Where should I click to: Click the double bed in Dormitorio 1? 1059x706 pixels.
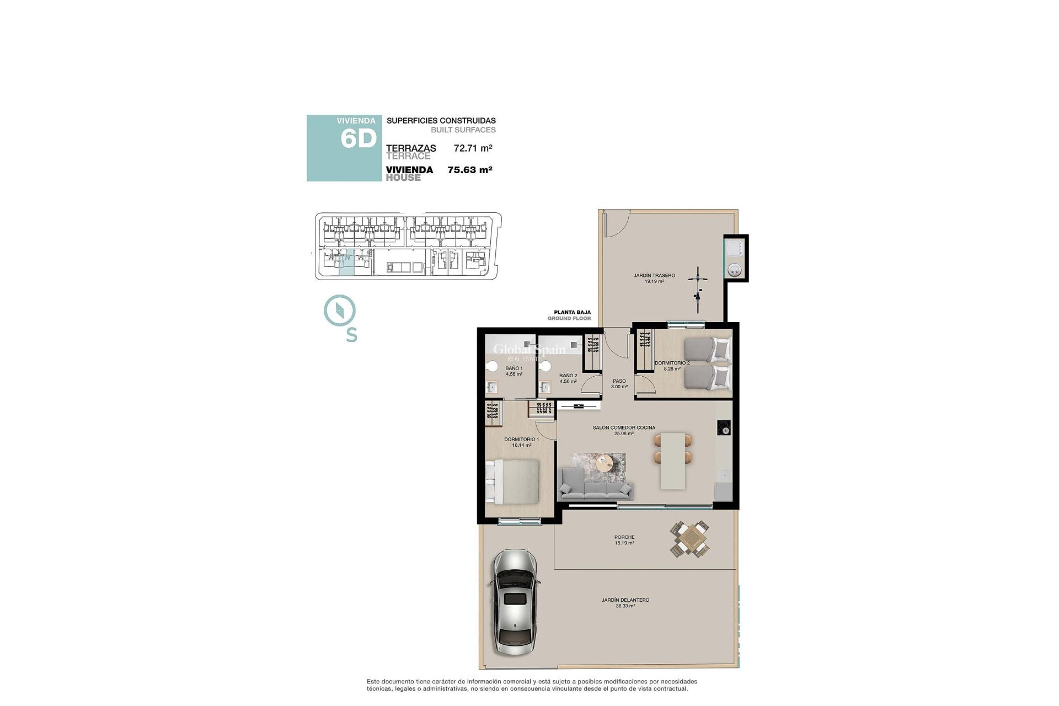pyautogui.click(x=512, y=482)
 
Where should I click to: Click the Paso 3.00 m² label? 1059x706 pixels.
pyautogui.click(x=619, y=383)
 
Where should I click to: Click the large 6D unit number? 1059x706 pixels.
pyautogui.click(x=358, y=138)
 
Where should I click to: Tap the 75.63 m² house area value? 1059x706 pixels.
pyautogui.click(x=469, y=170)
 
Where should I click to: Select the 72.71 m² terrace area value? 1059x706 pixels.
pyautogui.click(x=473, y=148)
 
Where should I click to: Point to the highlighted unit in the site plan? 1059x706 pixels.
pyautogui.click(x=346, y=263)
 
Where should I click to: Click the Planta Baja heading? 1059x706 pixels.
pyautogui.click(x=572, y=312)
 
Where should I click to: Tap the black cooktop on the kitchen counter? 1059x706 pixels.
pyautogui.click(x=724, y=427)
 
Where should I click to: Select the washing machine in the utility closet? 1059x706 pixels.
pyautogui.click(x=735, y=270)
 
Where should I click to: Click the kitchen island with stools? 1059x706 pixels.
pyautogui.click(x=673, y=461)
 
